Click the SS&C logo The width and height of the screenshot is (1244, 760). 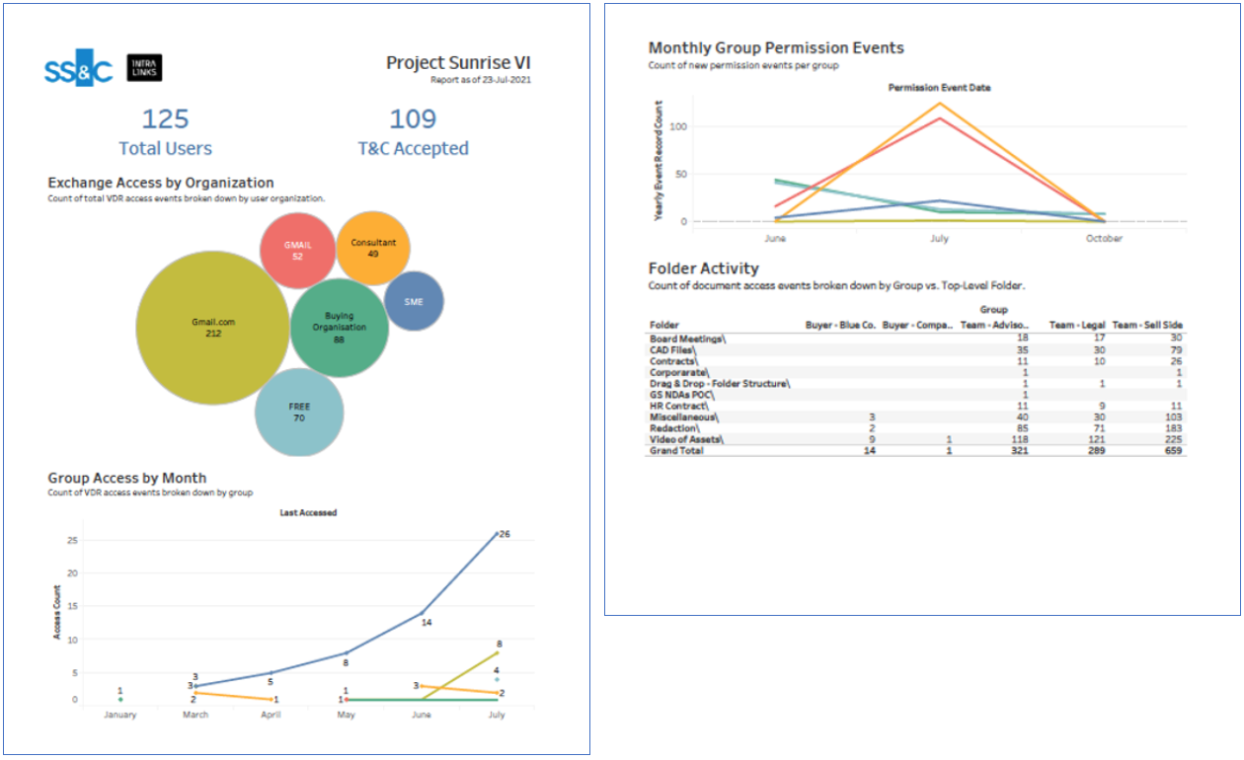click(x=79, y=67)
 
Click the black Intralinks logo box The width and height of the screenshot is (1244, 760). click(x=144, y=67)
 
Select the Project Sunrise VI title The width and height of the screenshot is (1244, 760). click(x=458, y=63)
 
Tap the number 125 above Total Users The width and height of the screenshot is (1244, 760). click(x=165, y=119)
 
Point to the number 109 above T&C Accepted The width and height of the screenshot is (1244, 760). click(x=413, y=119)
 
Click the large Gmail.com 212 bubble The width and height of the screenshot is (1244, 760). click(x=213, y=327)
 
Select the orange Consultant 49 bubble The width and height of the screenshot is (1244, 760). click(x=373, y=248)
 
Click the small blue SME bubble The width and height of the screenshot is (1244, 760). click(x=413, y=301)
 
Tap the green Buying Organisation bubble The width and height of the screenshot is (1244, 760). click(x=339, y=328)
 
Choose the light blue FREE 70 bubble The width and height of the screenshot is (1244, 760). click(x=299, y=412)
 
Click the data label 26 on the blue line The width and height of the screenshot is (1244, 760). click(x=505, y=534)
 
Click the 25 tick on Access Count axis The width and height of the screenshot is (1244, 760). click(x=72, y=541)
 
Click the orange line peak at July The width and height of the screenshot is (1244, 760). click(x=939, y=103)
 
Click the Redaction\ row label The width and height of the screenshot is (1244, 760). click(x=675, y=428)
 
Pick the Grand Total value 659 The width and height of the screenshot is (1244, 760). click(x=1172, y=450)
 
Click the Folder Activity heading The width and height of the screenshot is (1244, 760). click(x=703, y=268)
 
